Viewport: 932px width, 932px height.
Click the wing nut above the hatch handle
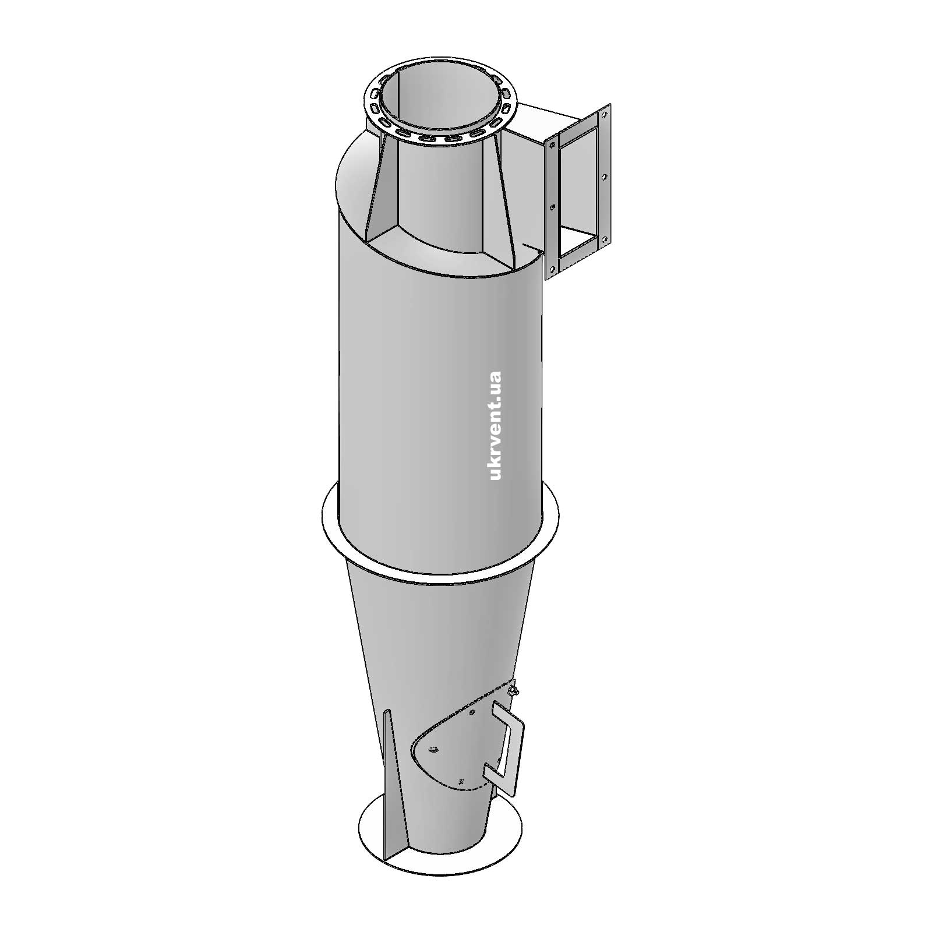tap(513, 691)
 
